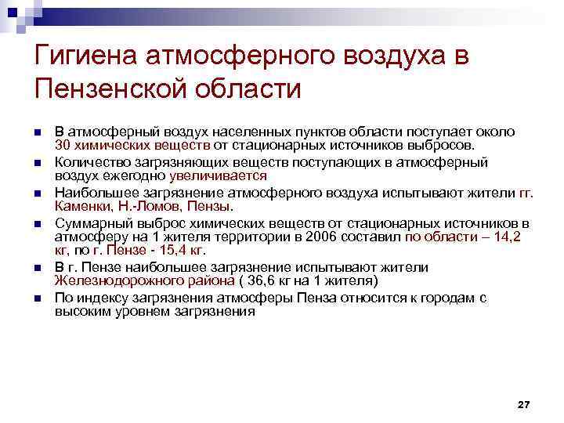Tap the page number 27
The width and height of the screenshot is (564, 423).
pos(524,404)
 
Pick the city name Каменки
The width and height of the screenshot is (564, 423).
pos(83,208)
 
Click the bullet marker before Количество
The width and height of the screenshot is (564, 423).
pos(36,163)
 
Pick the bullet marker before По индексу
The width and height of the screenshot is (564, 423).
pos(36,298)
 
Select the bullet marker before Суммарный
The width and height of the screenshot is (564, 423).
pos(36,223)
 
